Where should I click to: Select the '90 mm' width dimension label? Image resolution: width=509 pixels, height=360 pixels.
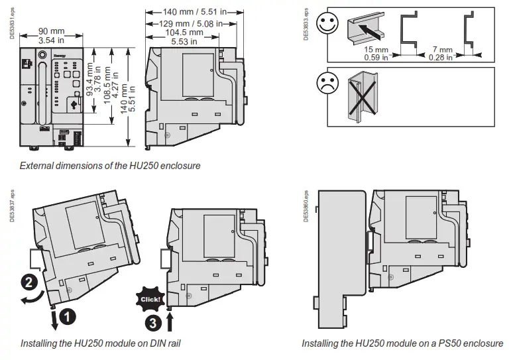51,31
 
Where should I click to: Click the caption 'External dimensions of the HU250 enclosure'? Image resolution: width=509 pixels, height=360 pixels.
110,165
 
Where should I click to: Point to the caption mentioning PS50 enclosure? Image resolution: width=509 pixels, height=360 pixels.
402,343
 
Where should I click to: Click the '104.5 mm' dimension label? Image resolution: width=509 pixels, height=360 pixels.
184,32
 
